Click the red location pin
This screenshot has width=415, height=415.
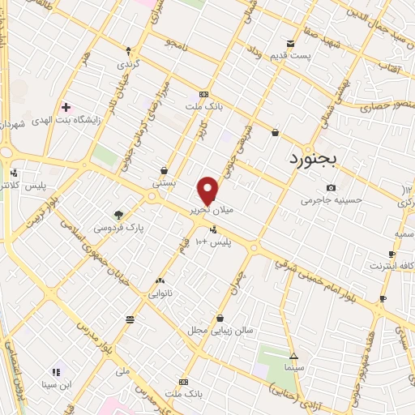click(208, 190)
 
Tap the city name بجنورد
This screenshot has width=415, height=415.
click(317, 160)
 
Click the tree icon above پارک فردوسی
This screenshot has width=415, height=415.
click(120, 215)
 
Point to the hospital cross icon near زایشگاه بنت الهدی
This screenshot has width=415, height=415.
click(66, 106)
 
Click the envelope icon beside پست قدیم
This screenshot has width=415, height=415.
click(290, 43)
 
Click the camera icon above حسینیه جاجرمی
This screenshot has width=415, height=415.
click(331, 188)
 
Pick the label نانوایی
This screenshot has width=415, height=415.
click(160, 295)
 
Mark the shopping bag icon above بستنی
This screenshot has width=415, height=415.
click(165, 170)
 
